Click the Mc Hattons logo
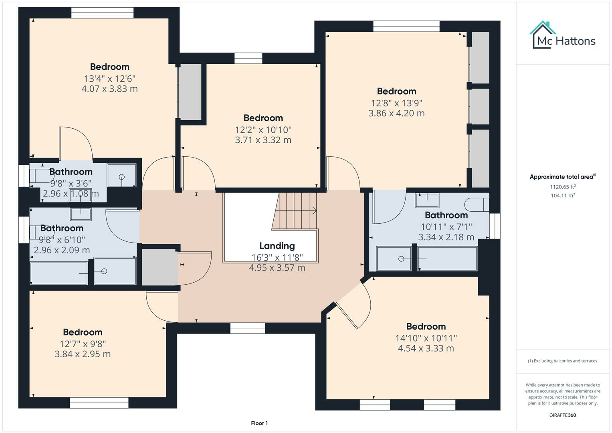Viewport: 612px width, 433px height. tap(562, 35)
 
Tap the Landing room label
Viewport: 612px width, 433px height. tap(277, 246)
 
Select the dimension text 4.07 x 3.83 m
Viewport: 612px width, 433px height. tap(109, 89)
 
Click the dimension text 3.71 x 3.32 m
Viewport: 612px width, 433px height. tap(263, 140)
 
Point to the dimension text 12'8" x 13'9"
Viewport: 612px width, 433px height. tap(396, 103)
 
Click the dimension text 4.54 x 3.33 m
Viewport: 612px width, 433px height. tap(426, 348)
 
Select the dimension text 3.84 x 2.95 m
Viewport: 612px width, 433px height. tap(83, 354)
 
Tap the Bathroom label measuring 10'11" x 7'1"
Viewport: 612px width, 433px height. tap(446, 215)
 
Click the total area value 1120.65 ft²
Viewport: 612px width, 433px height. tap(563, 187)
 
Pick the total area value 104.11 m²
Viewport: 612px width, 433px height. tap(563, 196)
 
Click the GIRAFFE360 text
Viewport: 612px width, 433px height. tap(562, 415)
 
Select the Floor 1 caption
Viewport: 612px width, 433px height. tap(259, 423)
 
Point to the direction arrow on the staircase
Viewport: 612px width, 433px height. tap(314, 210)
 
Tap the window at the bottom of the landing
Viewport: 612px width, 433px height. tap(248, 328)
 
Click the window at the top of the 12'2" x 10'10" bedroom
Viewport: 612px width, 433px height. tap(248, 59)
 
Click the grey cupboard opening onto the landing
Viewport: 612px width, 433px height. tap(159, 267)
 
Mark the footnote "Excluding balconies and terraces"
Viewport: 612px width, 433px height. tap(562, 361)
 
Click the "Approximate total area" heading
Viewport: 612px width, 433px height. tap(562, 177)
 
